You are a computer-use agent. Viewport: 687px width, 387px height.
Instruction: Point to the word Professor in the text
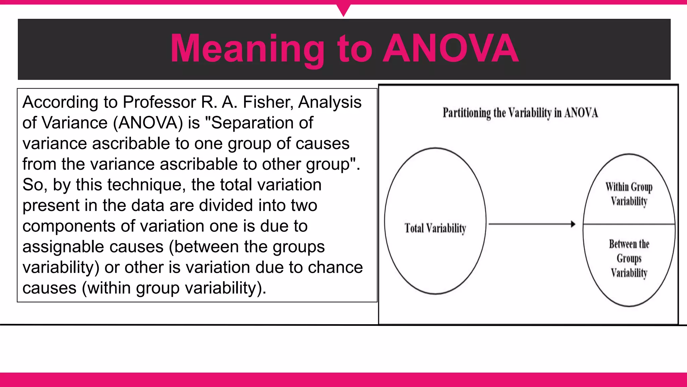159,102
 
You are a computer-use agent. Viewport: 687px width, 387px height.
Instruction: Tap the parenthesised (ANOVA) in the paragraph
148,123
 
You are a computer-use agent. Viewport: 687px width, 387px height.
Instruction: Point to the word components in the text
69,226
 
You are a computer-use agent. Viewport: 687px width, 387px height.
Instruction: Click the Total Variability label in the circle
435,228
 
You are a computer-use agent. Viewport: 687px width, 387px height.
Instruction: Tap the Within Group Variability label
629,194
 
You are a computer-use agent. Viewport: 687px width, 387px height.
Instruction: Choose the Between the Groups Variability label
629,258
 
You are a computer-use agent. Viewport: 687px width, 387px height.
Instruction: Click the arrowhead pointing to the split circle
573,224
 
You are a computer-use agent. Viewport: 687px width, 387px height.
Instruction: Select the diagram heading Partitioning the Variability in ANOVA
520,113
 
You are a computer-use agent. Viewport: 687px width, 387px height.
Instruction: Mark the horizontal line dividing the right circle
629,224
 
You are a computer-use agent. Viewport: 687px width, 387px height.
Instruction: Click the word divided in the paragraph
226,205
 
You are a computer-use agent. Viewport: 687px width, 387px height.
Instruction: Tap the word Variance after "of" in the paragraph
74,123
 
